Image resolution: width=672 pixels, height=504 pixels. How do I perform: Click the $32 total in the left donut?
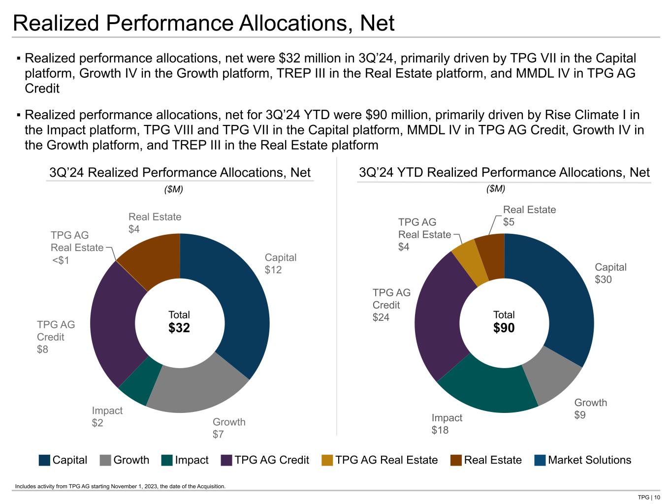click(179, 328)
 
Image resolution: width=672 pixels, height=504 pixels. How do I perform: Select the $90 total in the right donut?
click(504, 328)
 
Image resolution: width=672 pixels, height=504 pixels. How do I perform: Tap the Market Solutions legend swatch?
click(540, 460)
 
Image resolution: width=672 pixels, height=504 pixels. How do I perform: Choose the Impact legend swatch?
click(167, 460)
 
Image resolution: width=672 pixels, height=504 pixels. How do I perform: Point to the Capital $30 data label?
click(610, 273)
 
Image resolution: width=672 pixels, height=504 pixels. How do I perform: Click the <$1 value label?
click(61, 260)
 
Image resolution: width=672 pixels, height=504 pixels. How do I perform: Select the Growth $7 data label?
click(228, 428)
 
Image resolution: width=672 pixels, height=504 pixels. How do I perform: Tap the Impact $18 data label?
click(447, 424)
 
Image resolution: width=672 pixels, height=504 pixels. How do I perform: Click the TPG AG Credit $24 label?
click(391, 305)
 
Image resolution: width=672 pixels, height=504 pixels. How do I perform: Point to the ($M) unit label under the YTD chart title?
click(496, 189)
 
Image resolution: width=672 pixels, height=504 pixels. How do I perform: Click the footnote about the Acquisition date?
click(120, 486)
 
